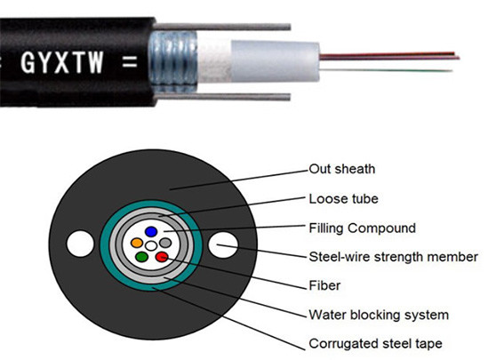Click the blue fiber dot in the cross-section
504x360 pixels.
click(151, 231)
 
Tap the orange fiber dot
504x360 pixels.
click(137, 242)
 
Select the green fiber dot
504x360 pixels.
click(141, 257)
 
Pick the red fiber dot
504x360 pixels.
click(162, 257)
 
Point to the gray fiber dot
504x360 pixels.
click(165, 242)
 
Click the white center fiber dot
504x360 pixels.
click(151, 244)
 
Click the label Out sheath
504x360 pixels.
click(342, 168)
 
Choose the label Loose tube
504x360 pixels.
click(341, 198)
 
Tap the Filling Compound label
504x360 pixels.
click(363, 228)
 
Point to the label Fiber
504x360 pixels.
click(324, 286)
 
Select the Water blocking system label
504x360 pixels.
click(379, 315)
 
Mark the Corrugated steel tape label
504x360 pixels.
click(375, 343)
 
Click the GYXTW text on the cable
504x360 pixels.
click(74, 64)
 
